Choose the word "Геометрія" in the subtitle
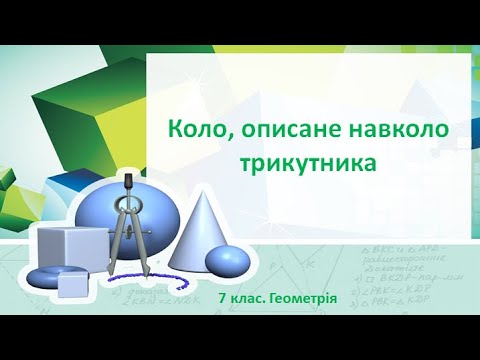(x=305, y=298)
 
